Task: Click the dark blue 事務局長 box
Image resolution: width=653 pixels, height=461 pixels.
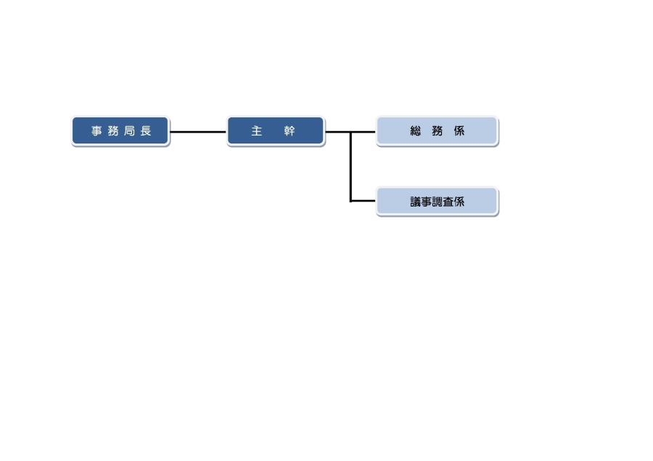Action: (120, 131)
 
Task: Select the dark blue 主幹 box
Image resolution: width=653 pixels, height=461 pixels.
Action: (275, 131)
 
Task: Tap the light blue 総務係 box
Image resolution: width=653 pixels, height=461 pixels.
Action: (437, 131)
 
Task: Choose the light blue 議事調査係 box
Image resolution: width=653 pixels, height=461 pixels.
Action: (437, 202)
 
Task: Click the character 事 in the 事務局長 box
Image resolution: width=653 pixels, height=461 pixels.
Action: (96, 132)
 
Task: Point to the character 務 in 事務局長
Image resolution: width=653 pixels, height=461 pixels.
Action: (113, 132)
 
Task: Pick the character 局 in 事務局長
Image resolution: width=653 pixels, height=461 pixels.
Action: (129, 132)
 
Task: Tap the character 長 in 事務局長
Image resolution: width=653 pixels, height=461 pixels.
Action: (146, 132)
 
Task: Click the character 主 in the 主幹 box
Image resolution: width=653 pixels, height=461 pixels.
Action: (256, 132)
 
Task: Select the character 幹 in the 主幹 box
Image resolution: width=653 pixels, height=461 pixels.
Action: (289, 132)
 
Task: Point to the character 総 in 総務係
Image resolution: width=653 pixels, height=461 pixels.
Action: (416, 132)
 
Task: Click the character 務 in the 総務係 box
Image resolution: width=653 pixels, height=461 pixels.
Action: (438, 132)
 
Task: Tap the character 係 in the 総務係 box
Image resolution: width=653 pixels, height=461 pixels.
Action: (459, 132)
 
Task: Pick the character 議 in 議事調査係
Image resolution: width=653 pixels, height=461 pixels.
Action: (416, 202)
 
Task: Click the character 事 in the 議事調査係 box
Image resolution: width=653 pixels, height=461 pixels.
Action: (427, 202)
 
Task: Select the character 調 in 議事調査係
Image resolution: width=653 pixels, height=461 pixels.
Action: (438, 202)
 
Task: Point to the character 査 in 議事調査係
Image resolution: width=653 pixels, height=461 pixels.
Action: (448, 202)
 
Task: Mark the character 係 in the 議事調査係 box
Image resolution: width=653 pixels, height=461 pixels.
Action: (459, 202)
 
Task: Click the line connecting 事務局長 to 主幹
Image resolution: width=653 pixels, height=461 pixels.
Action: (198, 132)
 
